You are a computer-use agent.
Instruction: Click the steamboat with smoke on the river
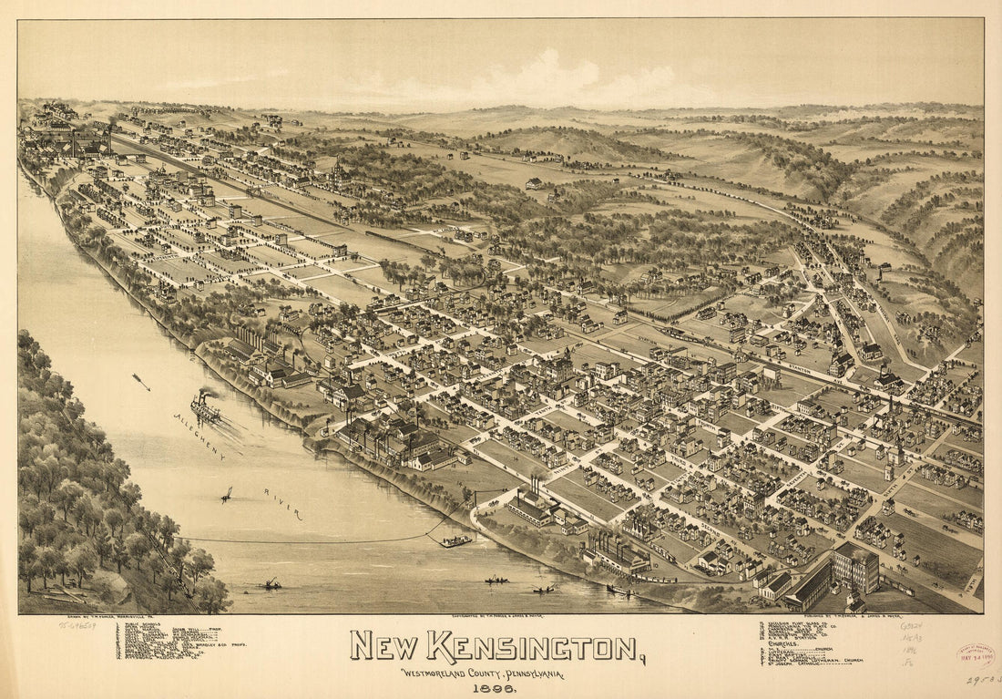(205, 409)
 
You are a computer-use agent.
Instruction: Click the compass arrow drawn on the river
(141, 381)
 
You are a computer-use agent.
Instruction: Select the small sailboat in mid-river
(226, 496)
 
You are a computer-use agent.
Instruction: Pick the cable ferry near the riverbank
(456, 541)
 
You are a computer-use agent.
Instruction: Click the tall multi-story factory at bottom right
(854, 566)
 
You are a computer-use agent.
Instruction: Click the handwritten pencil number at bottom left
(77, 626)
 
